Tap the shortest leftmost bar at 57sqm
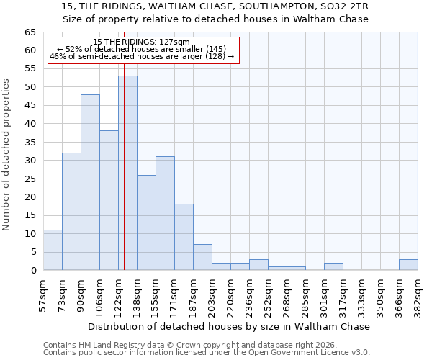pyautogui.click(x=53, y=250)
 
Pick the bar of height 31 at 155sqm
pyautogui.click(x=165, y=213)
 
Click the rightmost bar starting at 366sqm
pyautogui.click(x=408, y=264)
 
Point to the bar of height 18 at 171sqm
pyautogui.click(x=184, y=237)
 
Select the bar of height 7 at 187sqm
pyautogui.click(x=202, y=257)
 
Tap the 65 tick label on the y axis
pyautogui.click(x=30, y=32)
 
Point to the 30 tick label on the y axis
pyautogui.click(x=30, y=161)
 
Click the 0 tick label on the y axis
pyautogui.click(x=32, y=271)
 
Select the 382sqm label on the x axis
pyautogui.click(x=418, y=294)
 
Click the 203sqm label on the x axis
pyautogui.click(x=212, y=294)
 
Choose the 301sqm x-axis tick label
pyautogui.click(x=324, y=294)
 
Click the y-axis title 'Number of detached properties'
pyautogui.click(x=7, y=154)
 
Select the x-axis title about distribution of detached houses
pyautogui.click(x=230, y=326)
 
